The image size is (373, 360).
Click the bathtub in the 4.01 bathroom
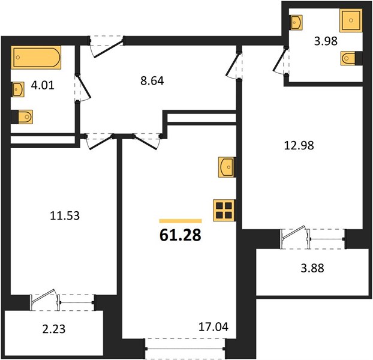(36, 58)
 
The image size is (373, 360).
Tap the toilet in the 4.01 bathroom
(22, 117)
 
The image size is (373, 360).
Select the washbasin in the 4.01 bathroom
(18, 89)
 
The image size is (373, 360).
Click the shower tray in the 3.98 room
(351, 20)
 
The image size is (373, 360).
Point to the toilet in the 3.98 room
(351, 58)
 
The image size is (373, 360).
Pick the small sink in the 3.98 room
(296, 23)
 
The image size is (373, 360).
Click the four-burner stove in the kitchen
(224, 211)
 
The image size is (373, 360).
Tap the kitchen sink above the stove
(227, 167)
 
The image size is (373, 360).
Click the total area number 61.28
(181, 235)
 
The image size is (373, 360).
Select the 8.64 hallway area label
(152, 81)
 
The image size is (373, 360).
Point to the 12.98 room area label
(299, 145)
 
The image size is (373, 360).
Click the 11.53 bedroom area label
(65, 216)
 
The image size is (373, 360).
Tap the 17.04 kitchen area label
(213, 327)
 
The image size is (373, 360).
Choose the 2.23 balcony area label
(54, 329)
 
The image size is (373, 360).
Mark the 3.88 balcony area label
(312, 268)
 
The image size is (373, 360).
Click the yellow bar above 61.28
(181, 221)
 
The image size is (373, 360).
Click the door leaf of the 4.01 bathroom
(83, 87)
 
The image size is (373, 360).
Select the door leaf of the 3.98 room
(279, 59)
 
